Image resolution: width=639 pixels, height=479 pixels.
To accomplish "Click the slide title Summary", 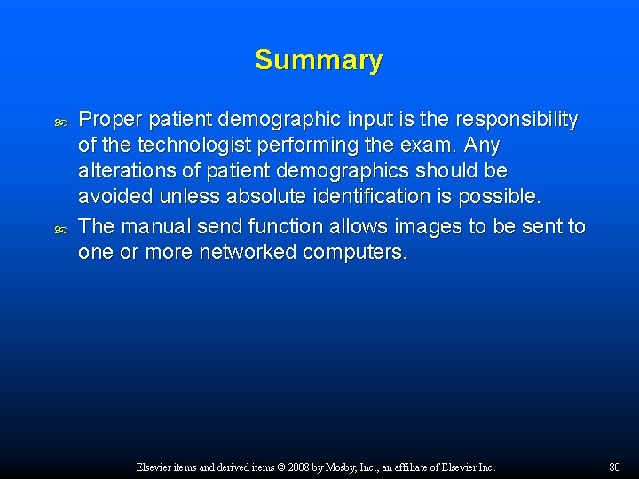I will point(319,60).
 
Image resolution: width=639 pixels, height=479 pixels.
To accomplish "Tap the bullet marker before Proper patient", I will point(60,121).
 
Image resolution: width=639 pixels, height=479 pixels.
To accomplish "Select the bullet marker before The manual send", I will point(60,228).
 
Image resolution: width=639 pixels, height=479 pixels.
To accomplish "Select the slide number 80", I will point(615,467).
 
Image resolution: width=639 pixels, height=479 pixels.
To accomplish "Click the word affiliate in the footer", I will point(427,467).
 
